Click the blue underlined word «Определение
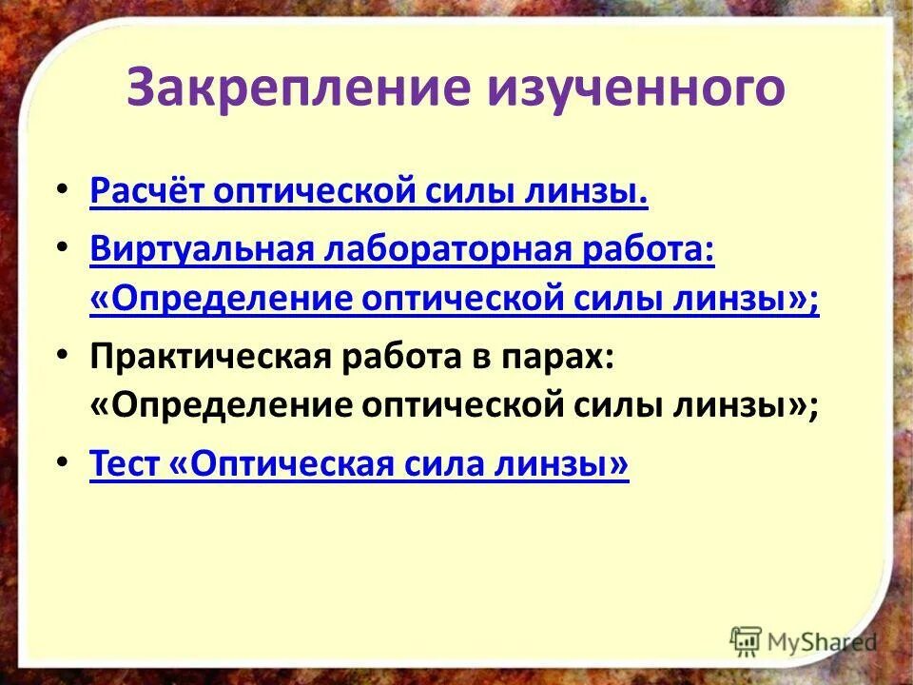220,299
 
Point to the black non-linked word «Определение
220,405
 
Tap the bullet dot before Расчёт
63,191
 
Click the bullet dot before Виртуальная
63,246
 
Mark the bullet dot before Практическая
63,354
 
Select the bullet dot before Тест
63,461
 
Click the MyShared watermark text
823,640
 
